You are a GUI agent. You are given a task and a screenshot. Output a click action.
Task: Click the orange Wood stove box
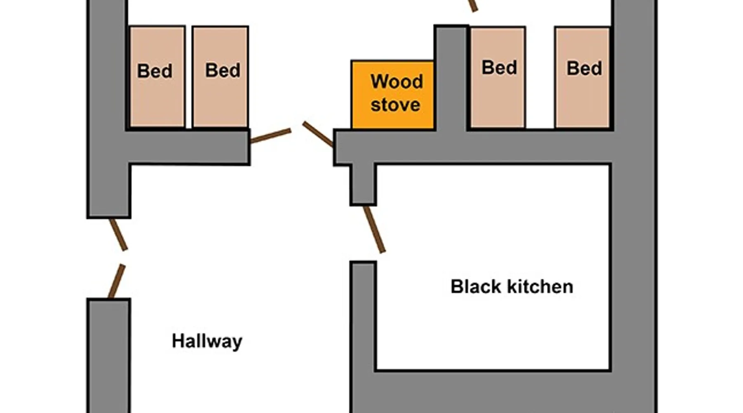(392, 95)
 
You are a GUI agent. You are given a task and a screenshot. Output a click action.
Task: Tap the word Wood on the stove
(397, 81)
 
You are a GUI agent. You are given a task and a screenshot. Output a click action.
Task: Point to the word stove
(395, 104)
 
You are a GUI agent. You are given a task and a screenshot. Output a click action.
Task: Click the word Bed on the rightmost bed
(584, 69)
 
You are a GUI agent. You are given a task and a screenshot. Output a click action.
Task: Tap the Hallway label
(207, 342)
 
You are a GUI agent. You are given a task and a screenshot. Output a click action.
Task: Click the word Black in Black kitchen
(476, 287)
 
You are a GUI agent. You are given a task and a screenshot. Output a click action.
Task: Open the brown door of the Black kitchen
(374, 229)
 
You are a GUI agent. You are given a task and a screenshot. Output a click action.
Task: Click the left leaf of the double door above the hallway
(271, 136)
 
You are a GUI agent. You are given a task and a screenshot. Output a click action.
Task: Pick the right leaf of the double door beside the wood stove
(317, 133)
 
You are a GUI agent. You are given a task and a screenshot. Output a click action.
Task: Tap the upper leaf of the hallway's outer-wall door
(118, 234)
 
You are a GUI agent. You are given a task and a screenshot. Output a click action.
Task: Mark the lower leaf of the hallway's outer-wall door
(116, 281)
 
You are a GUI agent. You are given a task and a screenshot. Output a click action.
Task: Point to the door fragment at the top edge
(473, 5)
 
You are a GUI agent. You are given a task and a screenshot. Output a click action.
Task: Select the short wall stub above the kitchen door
(363, 184)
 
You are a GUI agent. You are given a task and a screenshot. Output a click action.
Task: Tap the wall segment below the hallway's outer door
(109, 355)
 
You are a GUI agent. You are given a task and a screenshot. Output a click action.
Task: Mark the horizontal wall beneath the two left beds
(188, 147)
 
